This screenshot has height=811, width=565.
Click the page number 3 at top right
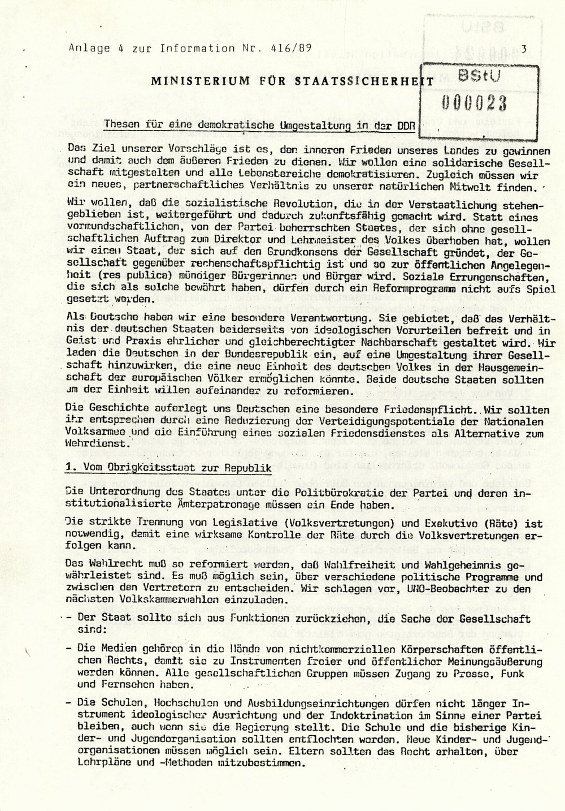pos(524,49)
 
